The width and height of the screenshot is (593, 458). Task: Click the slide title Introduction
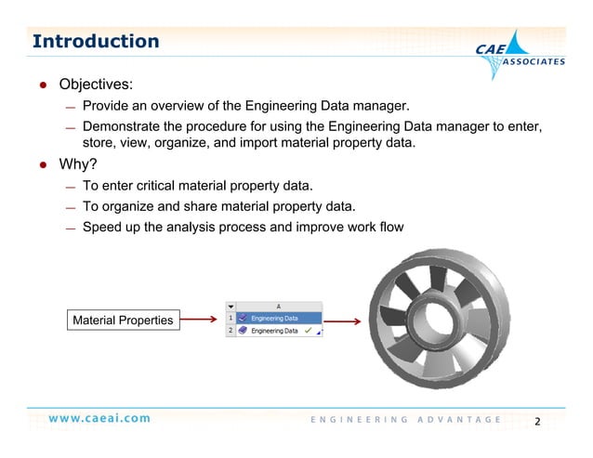coord(96,41)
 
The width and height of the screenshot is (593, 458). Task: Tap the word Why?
coord(79,167)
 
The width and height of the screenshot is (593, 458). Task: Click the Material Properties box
coord(123,321)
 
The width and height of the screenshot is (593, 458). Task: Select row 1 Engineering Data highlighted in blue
coord(275,317)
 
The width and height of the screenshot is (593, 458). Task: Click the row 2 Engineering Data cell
coord(275,330)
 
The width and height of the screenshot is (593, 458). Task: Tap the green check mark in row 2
coord(307,330)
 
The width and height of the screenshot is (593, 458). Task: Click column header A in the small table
coord(279,305)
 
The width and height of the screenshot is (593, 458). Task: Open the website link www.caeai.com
coord(99,418)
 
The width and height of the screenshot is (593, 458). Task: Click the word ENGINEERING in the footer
coord(359,420)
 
